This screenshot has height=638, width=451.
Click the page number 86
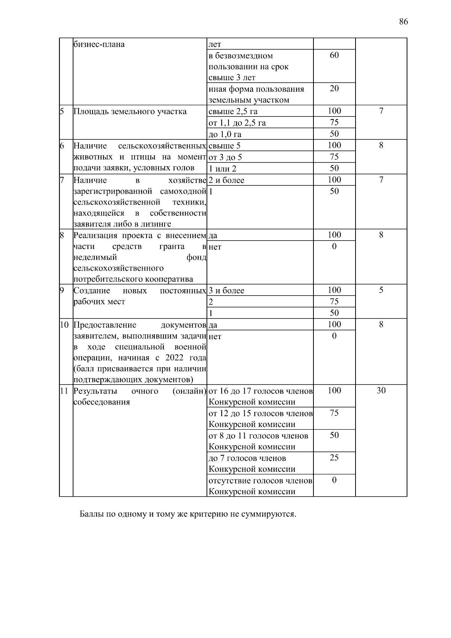(x=403, y=21)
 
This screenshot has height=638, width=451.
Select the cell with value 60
(x=334, y=56)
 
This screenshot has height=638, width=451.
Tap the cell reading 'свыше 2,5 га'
(x=233, y=111)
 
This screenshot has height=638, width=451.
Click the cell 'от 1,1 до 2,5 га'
(x=237, y=123)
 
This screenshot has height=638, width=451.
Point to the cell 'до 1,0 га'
(x=225, y=134)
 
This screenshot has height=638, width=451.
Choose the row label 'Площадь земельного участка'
(x=130, y=111)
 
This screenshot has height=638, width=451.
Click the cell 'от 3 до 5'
(x=225, y=157)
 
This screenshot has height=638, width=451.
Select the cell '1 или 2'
(x=222, y=169)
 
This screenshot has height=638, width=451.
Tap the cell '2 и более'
(x=226, y=180)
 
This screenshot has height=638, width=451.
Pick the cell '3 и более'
(x=226, y=291)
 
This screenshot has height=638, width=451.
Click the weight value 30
(x=381, y=391)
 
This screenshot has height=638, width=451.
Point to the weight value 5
(x=381, y=290)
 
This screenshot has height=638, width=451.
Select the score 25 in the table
(x=334, y=458)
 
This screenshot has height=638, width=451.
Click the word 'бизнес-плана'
(x=99, y=44)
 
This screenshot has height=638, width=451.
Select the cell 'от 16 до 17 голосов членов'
(x=260, y=391)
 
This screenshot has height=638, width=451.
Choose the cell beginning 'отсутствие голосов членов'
(x=260, y=481)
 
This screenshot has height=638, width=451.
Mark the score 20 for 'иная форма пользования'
(x=334, y=89)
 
